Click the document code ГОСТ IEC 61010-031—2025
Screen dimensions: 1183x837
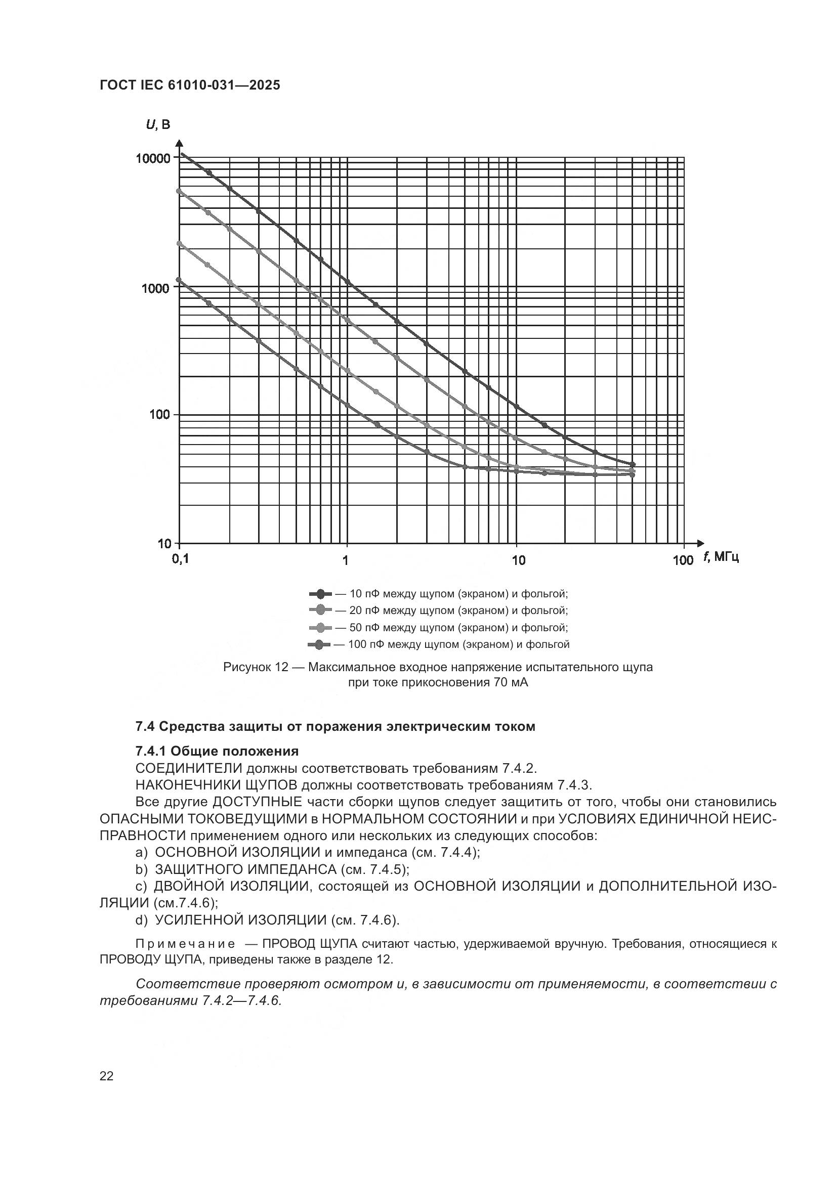(190, 85)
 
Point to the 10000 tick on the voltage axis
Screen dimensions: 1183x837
(152, 158)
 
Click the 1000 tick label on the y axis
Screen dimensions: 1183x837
(155, 288)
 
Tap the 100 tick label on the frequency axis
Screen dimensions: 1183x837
(683, 560)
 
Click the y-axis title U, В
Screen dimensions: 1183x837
(158, 124)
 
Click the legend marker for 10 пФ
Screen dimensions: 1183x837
(320, 594)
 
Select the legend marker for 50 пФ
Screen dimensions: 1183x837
(320, 628)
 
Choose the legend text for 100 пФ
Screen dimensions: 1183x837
(458, 644)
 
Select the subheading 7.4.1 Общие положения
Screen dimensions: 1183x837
(217, 751)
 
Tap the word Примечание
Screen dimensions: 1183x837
(186, 944)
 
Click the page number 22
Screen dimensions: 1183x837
(106, 1076)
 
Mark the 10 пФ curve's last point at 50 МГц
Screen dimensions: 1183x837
(633, 464)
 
